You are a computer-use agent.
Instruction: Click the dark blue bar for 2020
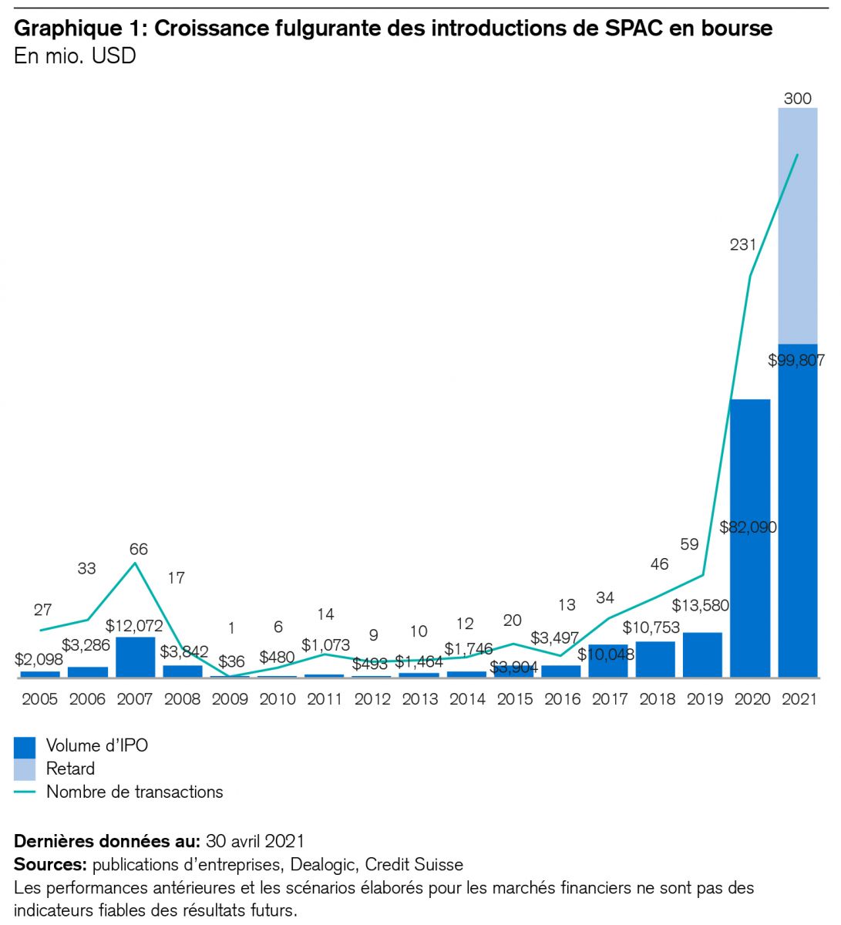pyautogui.click(x=750, y=540)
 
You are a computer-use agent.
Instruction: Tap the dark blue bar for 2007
pyautogui.click(x=136, y=657)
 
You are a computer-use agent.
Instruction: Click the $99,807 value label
pyautogui.click(x=796, y=360)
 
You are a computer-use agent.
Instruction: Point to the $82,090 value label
pyautogui.click(x=748, y=527)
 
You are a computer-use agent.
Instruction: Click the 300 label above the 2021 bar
pyautogui.click(x=798, y=98)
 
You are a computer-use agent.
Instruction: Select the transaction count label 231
pyautogui.click(x=743, y=244)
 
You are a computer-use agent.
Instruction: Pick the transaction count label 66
pyautogui.click(x=138, y=549)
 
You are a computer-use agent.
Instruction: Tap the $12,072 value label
pyautogui.click(x=134, y=625)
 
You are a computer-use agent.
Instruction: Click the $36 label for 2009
pyautogui.click(x=231, y=661)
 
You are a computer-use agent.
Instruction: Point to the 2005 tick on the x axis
pyautogui.click(x=39, y=699)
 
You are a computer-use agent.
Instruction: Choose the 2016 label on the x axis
pyautogui.click(x=562, y=699)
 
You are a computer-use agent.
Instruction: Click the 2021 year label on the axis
pyautogui.click(x=798, y=699)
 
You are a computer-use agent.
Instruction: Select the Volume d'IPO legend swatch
pyautogui.click(x=25, y=746)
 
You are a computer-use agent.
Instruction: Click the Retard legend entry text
pyautogui.click(x=70, y=769)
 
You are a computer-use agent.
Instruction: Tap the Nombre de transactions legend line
pyautogui.click(x=25, y=792)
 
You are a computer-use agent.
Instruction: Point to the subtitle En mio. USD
pyautogui.click(x=75, y=55)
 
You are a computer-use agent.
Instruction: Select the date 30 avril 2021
pyautogui.click(x=255, y=840)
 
